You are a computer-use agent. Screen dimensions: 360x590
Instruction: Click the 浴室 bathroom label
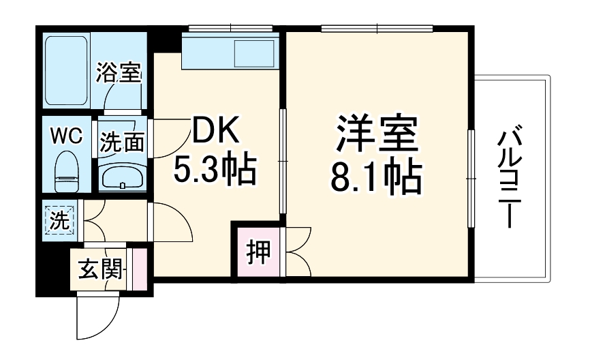(119, 72)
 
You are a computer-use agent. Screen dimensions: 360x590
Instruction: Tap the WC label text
(66, 136)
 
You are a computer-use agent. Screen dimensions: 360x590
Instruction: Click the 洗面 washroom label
(123, 142)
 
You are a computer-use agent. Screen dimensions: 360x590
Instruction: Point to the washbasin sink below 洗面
(122, 179)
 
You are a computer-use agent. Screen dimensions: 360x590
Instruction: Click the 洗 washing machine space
(59, 220)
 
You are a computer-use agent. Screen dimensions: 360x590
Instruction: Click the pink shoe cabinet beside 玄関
(139, 268)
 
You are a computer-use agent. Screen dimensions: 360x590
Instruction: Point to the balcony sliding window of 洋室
(469, 178)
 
